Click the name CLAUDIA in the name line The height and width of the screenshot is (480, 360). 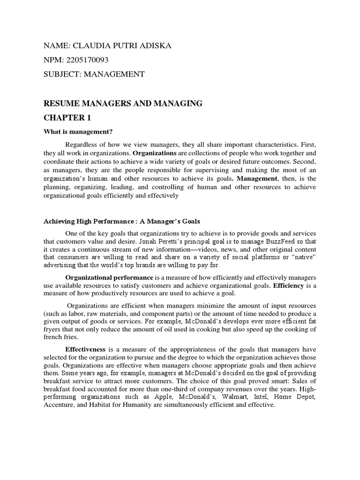tap(87, 45)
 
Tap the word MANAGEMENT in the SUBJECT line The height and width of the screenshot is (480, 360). tap(114, 74)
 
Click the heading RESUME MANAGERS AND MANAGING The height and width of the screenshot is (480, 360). tap(123, 104)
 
